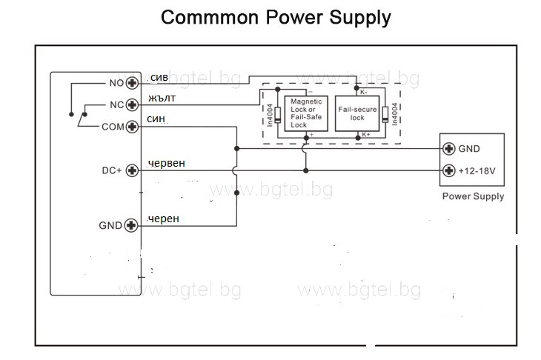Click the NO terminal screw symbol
133,83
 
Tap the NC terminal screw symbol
133,104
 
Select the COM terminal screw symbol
133,127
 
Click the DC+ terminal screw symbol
133,170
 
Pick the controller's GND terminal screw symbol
133,225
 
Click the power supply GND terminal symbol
448,148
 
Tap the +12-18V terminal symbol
448,170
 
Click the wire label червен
167,164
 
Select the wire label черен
163,219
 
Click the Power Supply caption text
473,196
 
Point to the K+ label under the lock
365,135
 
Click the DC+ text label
111,170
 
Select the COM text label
113,127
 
